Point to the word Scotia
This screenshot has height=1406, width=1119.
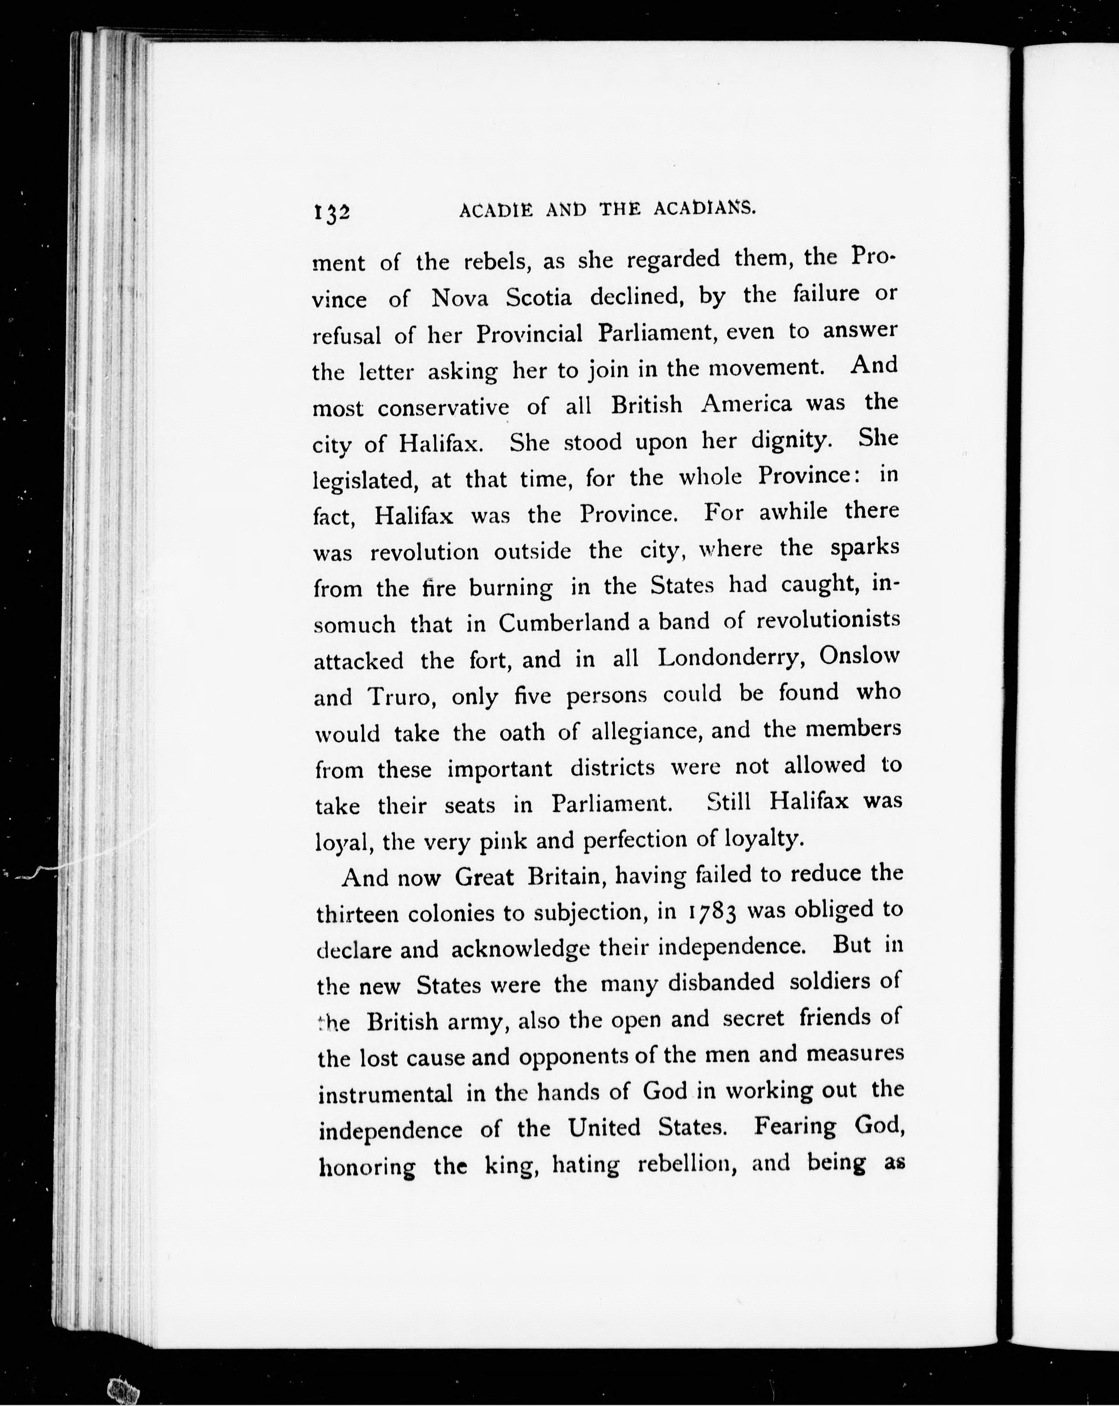pyautogui.click(x=539, y=298)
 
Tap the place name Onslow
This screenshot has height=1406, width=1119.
pyautogui.click(x=859, y=655)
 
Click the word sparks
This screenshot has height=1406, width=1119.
pyautogui.click(x=865, y=548)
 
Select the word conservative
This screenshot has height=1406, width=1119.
pyautogui.click(x=443, y=408)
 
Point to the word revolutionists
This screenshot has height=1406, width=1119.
pyautogui.click(x=828, y=620)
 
